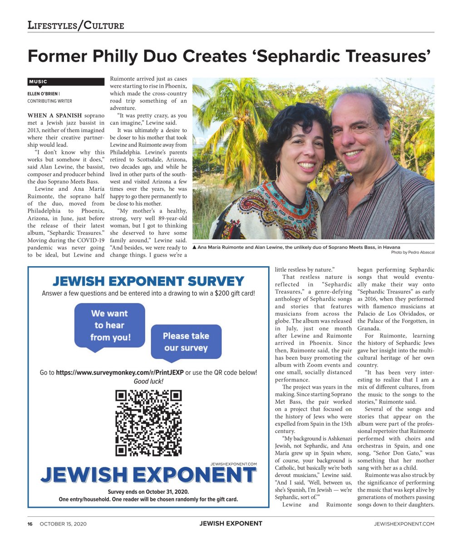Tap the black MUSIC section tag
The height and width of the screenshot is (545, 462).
click(66, 82)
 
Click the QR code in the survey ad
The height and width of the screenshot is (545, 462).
click(148, 423)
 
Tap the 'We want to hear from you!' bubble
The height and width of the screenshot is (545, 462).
click(110, 325)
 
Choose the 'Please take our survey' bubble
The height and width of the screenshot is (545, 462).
click(186, 342)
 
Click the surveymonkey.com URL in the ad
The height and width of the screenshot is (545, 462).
click(119, 372)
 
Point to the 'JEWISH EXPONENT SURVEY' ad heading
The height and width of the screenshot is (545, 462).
click(148, 281)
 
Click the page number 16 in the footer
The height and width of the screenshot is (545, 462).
click(30, 524)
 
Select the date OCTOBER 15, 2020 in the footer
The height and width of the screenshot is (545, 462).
click(63, 524)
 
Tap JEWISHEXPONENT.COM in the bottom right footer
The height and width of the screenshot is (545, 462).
click(404, 524)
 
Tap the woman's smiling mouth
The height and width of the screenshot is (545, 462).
click(307, 164)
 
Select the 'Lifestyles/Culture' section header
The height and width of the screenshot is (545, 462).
click(75, 25)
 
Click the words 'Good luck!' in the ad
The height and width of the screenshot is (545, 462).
click(148, 381)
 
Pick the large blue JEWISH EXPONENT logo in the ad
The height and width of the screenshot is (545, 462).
click(148, 475)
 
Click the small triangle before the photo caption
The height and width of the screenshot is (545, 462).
click(195, 248)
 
